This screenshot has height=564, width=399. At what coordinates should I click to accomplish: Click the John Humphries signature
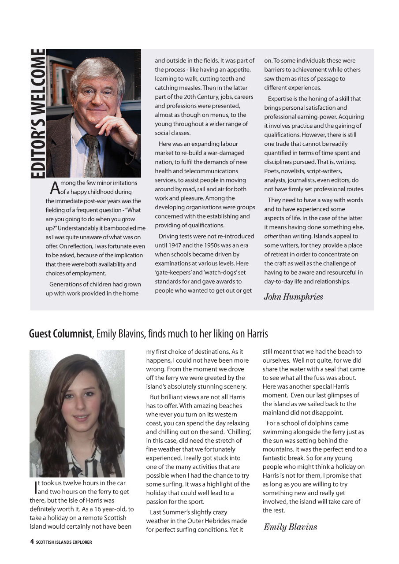(x=293, y=297)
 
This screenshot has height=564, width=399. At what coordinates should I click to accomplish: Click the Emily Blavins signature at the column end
(x=290, y=527)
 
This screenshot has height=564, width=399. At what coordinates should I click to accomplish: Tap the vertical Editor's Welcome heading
(x=38, y=114)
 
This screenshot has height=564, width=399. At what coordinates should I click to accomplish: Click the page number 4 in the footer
(x=32, y=542)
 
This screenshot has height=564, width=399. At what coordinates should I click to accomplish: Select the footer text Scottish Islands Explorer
(x=64, y=542)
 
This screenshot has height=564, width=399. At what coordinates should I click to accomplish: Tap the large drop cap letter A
(x=55, y=188)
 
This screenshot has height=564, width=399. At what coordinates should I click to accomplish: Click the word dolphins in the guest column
(x=315, y=423)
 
